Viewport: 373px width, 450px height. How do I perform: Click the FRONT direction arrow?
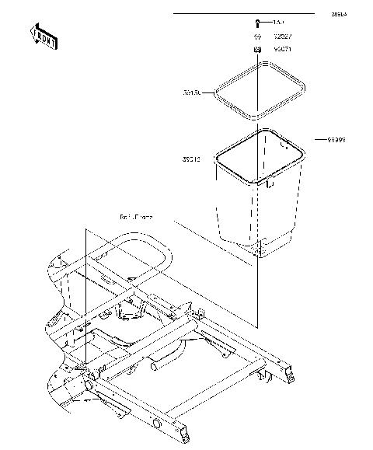click(44, 36)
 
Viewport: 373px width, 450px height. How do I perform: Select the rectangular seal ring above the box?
click(260, 92)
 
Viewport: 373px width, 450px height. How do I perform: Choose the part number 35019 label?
click(192, 159)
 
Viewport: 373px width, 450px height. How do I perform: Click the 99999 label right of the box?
click(335, 140)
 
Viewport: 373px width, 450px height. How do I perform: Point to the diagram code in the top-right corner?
click(339, 14)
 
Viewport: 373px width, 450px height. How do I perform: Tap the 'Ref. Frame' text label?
click(136, 218)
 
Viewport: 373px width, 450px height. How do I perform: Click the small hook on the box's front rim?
click(269, 185)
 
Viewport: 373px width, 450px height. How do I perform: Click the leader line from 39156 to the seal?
click(209, 92)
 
